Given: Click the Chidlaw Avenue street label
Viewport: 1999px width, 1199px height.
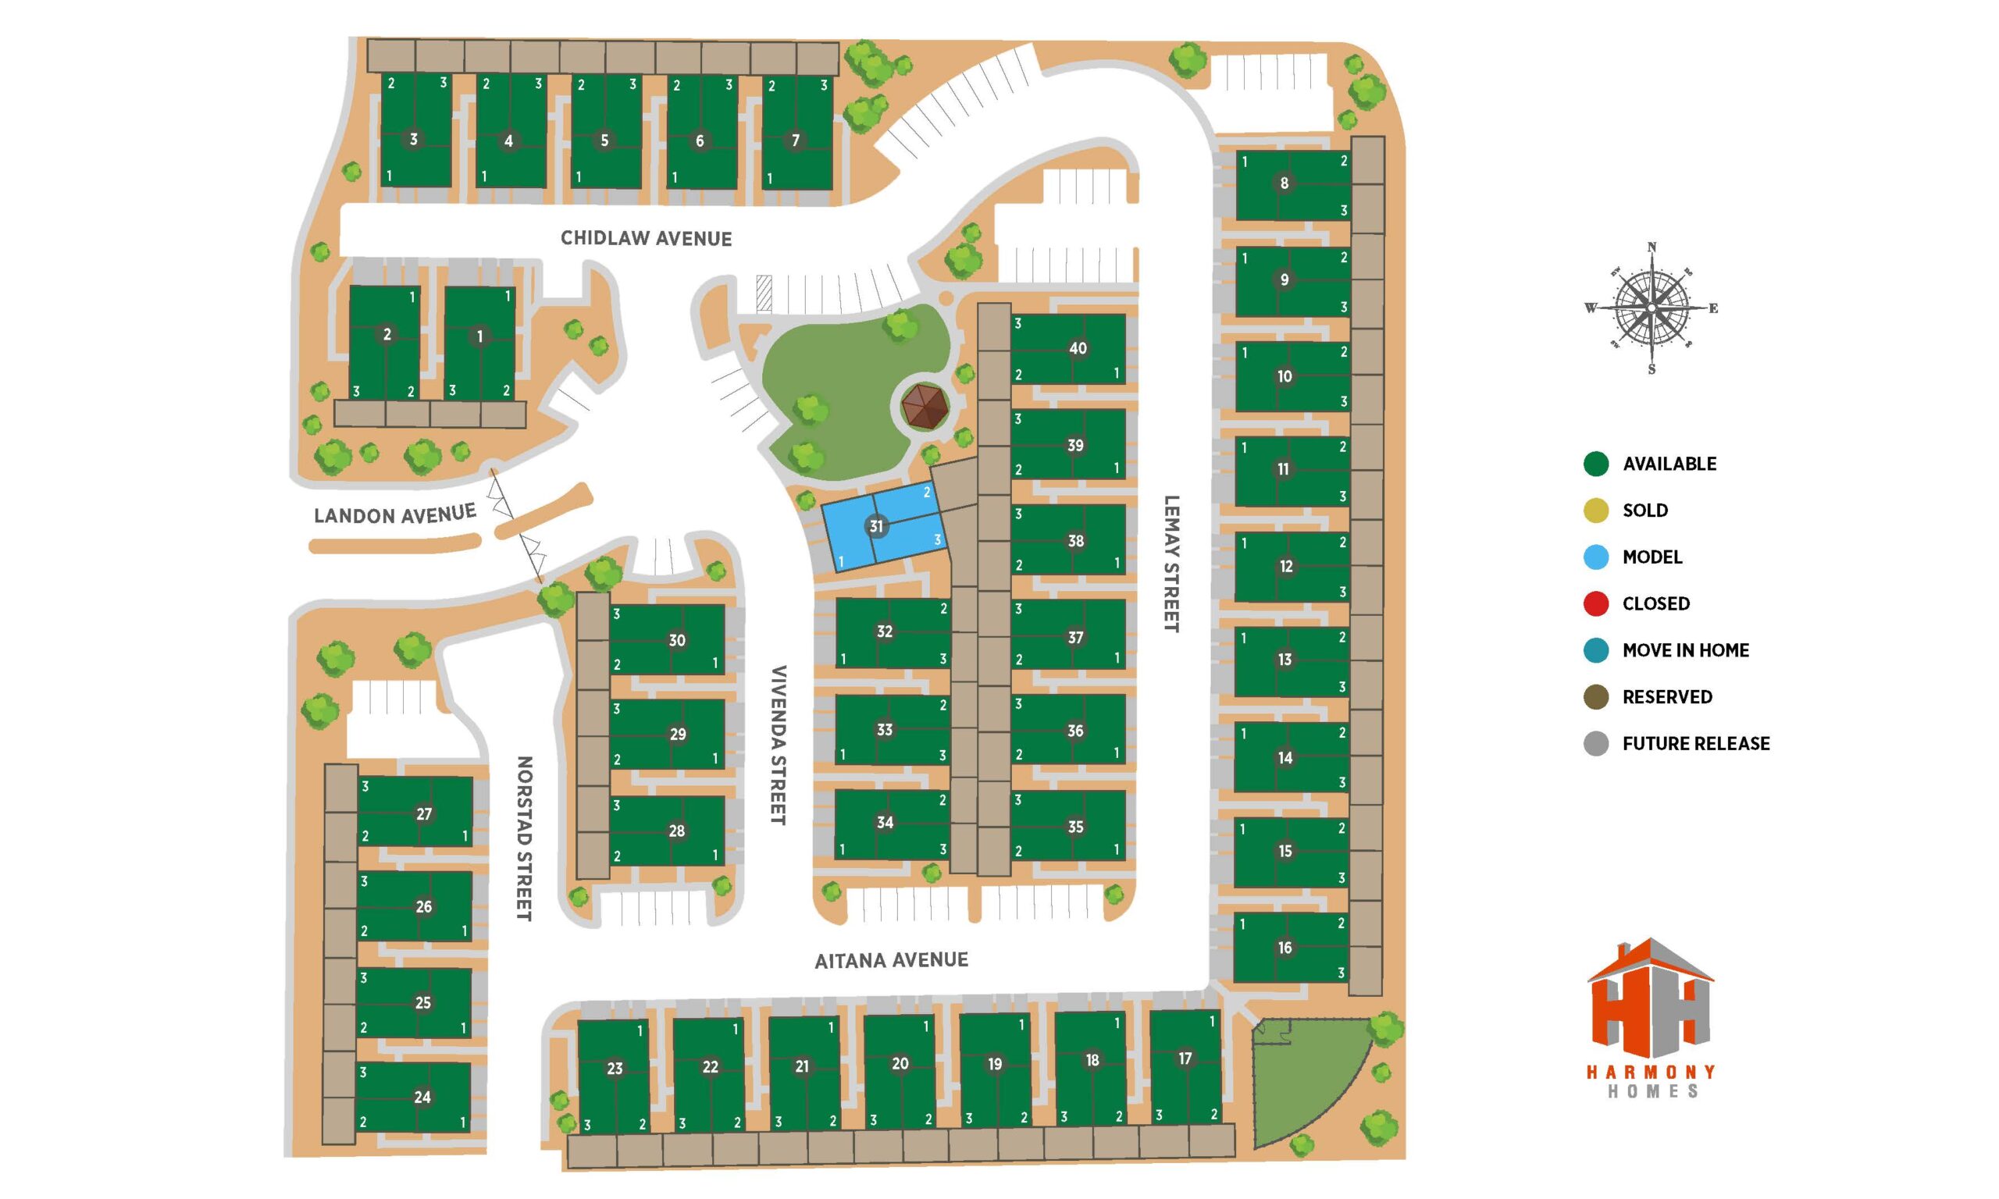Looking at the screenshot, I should click(646, 238).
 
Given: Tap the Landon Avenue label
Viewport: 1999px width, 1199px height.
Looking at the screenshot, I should click(394, 514).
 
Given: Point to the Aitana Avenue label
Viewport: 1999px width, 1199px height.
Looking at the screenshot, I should click(890, 960).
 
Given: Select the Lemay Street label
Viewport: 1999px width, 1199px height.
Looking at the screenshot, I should click(1171, 563).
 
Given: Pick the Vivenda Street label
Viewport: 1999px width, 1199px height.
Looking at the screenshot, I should click(778, 744).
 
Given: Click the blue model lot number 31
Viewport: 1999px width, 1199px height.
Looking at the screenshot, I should click(876, 527).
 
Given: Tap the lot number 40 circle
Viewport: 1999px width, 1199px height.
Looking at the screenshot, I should click(1077, 348).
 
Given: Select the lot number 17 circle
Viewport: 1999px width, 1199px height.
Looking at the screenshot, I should click(1185, 1058).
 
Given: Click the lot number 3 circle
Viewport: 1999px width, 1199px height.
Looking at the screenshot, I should click(413, 139).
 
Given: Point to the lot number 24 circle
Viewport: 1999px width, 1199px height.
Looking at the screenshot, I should click(422, 1097).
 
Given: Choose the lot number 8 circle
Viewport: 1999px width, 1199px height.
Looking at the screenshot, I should click(1284, 183).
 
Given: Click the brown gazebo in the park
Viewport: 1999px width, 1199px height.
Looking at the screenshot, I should click(925, 407).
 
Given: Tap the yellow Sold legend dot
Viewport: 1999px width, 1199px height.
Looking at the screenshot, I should click(1596, 511).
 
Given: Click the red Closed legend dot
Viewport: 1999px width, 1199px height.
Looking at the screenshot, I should click(1596, 603).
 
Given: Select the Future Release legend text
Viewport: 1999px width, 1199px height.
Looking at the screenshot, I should click(1695, 743).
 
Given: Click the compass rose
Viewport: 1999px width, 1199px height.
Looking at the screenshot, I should click(1651, 308).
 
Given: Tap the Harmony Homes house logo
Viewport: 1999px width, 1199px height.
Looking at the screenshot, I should click(1650, 1002).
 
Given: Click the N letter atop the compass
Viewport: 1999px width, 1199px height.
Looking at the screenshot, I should click(1652, 247).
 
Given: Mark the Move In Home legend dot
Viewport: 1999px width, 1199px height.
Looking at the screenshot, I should click(1596, 650).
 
